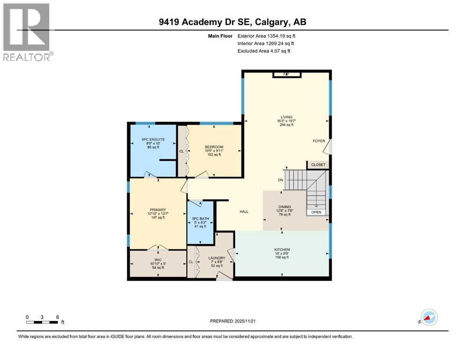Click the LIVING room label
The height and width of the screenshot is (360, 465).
[287, 117]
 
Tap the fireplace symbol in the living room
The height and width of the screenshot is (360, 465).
[287, 74]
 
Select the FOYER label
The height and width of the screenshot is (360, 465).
[319, 141]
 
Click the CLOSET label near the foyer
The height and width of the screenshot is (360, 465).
[318, 165]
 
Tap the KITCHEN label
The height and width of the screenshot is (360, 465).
[282, 249]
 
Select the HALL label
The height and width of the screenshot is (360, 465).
[244, 212]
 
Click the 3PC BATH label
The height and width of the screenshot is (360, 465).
[200, 218]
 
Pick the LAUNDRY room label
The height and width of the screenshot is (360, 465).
[216, 258]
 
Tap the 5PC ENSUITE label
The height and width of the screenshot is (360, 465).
[153, 139]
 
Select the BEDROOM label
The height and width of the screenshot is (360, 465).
[214, 147]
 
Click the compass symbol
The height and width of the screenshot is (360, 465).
[428, 317]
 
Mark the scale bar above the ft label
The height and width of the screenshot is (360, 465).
[42, 322]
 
